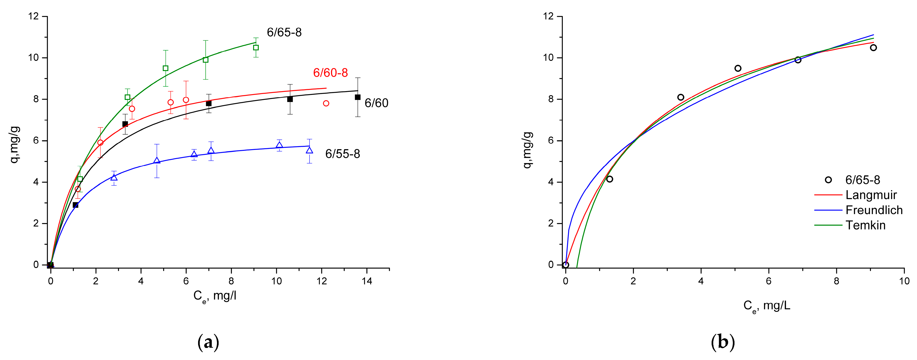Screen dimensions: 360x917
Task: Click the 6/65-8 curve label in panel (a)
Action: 284,32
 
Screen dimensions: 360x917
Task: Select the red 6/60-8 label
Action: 330,73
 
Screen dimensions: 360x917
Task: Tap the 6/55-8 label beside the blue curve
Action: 342,154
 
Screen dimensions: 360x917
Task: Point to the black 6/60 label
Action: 376,103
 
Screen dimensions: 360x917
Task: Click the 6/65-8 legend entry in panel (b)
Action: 862,180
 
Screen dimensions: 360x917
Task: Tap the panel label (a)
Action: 208,342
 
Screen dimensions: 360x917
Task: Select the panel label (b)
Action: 723,342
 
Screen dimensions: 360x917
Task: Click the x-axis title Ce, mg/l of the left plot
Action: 215,296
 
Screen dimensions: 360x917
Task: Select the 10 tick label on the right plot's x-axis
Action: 904,281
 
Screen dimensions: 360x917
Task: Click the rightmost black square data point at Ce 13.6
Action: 358,97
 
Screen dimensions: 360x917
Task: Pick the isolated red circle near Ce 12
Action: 326,103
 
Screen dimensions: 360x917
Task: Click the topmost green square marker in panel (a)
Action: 256,48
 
